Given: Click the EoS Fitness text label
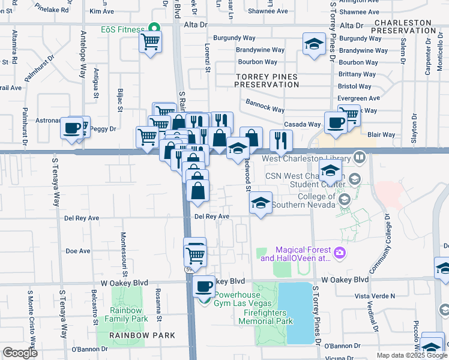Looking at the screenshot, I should [x=122, y=29].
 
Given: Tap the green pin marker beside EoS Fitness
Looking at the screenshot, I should [x=154, y=28].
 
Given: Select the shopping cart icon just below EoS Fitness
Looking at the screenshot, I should [x=149, y=42].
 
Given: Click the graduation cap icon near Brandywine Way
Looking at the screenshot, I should [x=313, y=44].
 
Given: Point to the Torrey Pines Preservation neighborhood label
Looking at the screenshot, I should [x=267, y=81].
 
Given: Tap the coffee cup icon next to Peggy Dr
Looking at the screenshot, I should [x=72, y=128].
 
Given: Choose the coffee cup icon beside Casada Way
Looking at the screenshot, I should [x=336, y=122].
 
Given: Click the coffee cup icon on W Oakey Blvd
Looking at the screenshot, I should [x=205, y=286].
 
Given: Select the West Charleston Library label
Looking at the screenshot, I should [x=307, y=158].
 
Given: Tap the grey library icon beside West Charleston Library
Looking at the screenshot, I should [x=360, y=158].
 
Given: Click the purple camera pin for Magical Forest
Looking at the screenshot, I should [x=340, y=253].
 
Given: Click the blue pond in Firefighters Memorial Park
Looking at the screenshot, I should [x=295, y=312].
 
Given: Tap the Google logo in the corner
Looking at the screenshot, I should [x=20, y=353].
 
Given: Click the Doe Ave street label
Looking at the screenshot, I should [x=77, y=251].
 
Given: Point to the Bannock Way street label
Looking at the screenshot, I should [x=265, y=109].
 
